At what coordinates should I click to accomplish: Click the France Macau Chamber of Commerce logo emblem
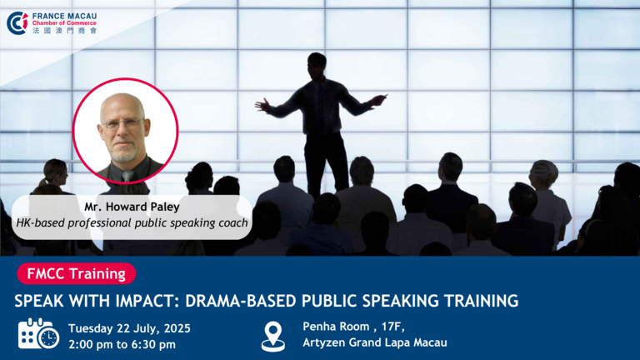pos(17,22)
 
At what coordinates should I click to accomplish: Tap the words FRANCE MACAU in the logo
pos(64,17)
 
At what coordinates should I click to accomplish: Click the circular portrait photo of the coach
pos(125,131)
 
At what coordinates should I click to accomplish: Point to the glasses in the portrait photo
pos(122,122)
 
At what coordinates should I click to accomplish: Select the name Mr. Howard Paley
pos(132,207)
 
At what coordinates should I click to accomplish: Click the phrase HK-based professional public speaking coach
pos(132,222)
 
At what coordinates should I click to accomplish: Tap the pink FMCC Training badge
pos(77,273)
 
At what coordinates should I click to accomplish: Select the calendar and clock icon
pos(38,334)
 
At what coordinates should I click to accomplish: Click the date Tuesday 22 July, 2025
pos(129,328)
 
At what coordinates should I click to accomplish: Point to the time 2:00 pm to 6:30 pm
pos(122,344)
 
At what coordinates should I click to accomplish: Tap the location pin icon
pos(273,337)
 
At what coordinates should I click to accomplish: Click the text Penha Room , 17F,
pos(353,327)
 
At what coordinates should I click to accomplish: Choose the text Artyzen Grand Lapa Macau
pos(375,342)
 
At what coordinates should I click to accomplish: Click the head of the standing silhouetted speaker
pos(317,65)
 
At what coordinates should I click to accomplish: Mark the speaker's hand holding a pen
pos(378,99)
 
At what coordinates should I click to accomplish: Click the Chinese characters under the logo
pos(64,31)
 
